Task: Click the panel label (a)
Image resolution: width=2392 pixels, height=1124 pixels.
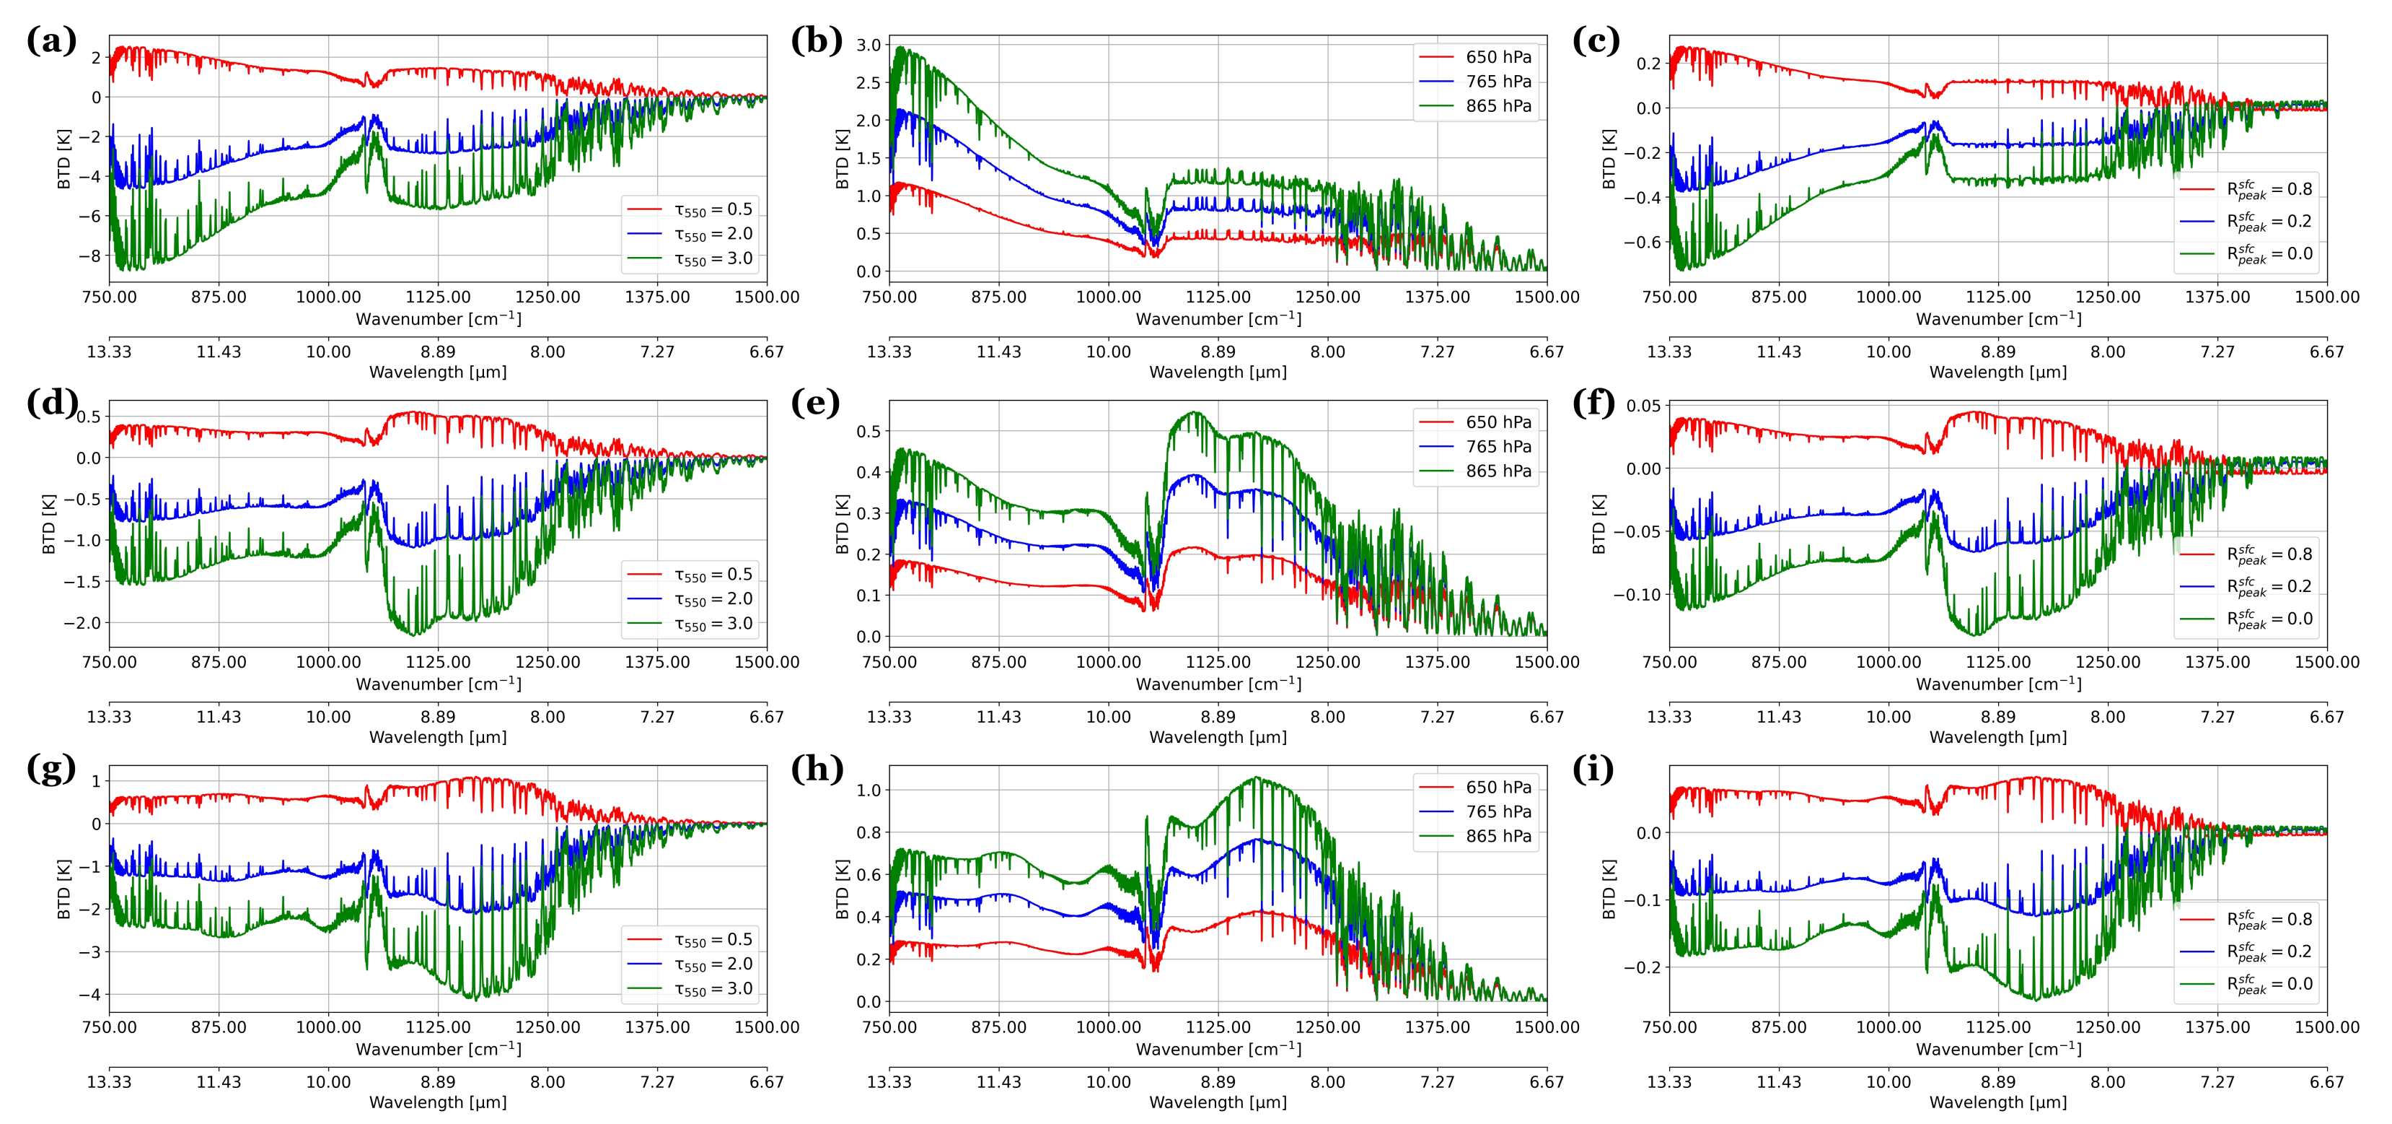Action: coord(51,41)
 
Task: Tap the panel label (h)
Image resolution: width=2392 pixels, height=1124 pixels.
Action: coord(817,770)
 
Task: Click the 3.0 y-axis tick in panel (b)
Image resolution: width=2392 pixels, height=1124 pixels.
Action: coord(869,45)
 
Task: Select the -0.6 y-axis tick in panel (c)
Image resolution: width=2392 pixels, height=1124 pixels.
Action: coord(1642,243)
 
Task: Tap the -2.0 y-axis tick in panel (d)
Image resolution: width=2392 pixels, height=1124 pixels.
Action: coord(82,622)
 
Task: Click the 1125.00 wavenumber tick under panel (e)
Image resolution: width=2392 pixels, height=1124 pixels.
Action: coord(1218,662)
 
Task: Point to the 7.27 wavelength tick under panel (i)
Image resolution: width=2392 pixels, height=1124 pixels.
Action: coord(2217,1082)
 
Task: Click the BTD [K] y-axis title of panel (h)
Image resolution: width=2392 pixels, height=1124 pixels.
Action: coord(843,889)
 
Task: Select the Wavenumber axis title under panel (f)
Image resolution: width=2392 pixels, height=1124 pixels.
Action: coord(1998,684)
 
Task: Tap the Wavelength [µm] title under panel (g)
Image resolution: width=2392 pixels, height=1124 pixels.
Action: coord(437,1102)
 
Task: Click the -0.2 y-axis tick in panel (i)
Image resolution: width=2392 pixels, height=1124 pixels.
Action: coord(1642,967)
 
